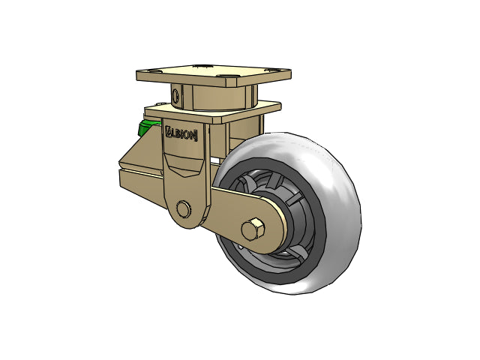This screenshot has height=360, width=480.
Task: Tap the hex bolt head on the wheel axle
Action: [x=253, y=229]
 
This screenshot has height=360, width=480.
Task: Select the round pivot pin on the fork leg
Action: [x=182, y=208]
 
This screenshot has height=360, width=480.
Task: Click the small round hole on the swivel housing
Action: [x=175, y=95]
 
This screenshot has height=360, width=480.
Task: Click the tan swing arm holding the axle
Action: [x=225, y=214]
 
